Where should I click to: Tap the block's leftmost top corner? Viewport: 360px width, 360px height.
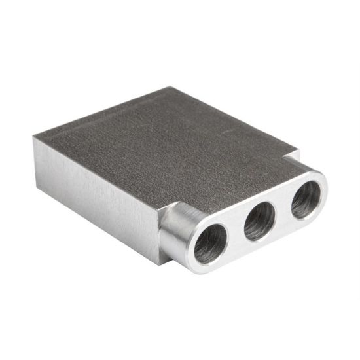[34, 138]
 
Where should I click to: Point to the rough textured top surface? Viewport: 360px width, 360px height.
[164, 144]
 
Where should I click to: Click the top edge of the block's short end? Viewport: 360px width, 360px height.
[105, 111]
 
